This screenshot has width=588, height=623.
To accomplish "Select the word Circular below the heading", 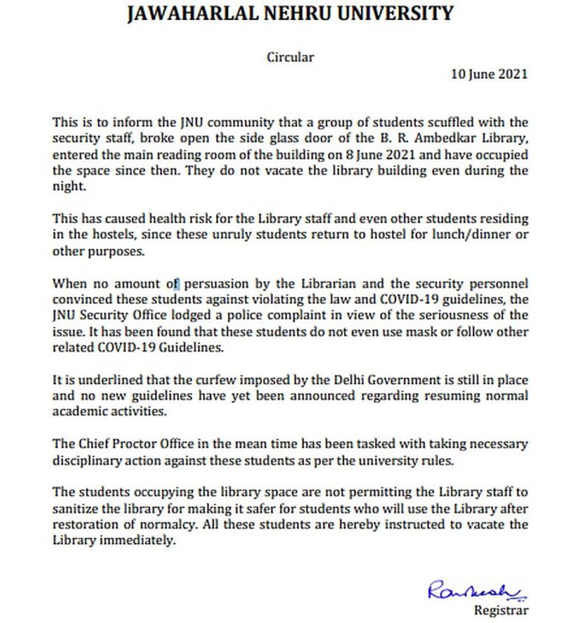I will [x=290, y=57].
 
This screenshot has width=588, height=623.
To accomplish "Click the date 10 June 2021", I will [x=489, y=74].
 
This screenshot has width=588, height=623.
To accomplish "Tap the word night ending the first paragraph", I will [x=69, y=187].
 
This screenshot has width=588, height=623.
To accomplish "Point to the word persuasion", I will [x=216, y=284].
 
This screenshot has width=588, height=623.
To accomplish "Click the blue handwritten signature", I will [x=476, y=590].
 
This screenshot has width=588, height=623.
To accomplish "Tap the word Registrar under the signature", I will [x=501, y=611].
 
